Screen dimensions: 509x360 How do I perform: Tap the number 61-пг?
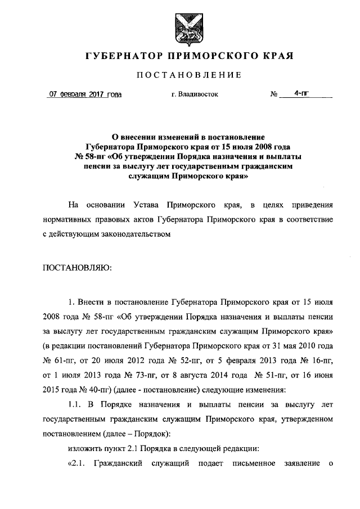point(67,359)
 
